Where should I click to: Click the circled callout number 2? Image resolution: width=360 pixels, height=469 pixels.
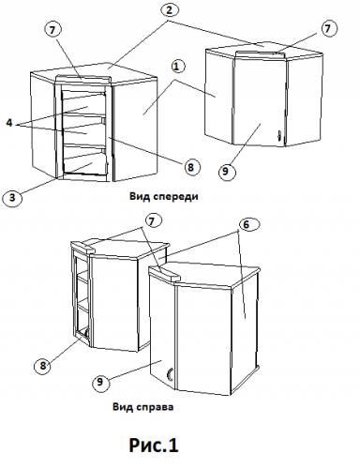pyautogui.click(x=169, y=10)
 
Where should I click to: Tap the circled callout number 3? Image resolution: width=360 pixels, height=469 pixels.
pyautogui.click(x=12, y=198)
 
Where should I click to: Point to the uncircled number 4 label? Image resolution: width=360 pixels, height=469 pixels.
pyautogui.click(x=9, y=123)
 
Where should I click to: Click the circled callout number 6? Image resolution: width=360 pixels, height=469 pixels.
pyautogui.click(x=247, y=224)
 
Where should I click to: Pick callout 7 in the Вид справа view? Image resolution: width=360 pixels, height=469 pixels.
pyautogui.click(x=151, y=221)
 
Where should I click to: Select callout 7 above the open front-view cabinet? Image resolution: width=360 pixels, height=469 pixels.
pyautogui.click(x=52, y=30)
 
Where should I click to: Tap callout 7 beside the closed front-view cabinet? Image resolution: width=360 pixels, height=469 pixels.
pyautogui.click(x=328, y=29)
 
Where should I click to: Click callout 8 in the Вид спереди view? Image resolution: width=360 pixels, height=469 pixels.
pyautogui.click(x=190, y=167)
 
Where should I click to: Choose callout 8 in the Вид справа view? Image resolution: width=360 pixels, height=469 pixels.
pyautogui.click(x=43, y=365)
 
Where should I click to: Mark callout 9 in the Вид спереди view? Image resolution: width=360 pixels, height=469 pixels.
pyautogui.click(x=226, y=171)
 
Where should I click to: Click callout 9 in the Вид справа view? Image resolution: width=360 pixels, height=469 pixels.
pyautogui.click(x=100, y=382)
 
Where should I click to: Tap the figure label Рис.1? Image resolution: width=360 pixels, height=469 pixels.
pyautogui.click(x=154, y=445)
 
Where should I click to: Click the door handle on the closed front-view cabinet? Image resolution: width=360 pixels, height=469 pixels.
pyautogui.click(x=279, y=135)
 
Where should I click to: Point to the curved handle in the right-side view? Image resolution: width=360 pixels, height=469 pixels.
pyautogui.click(x=169, y=374)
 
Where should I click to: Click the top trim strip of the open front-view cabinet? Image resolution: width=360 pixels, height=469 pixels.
pyautogui.click(x=83, y=79)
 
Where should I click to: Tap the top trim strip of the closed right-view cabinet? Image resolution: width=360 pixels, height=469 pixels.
pyautogui.click(x=163, y=273)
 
